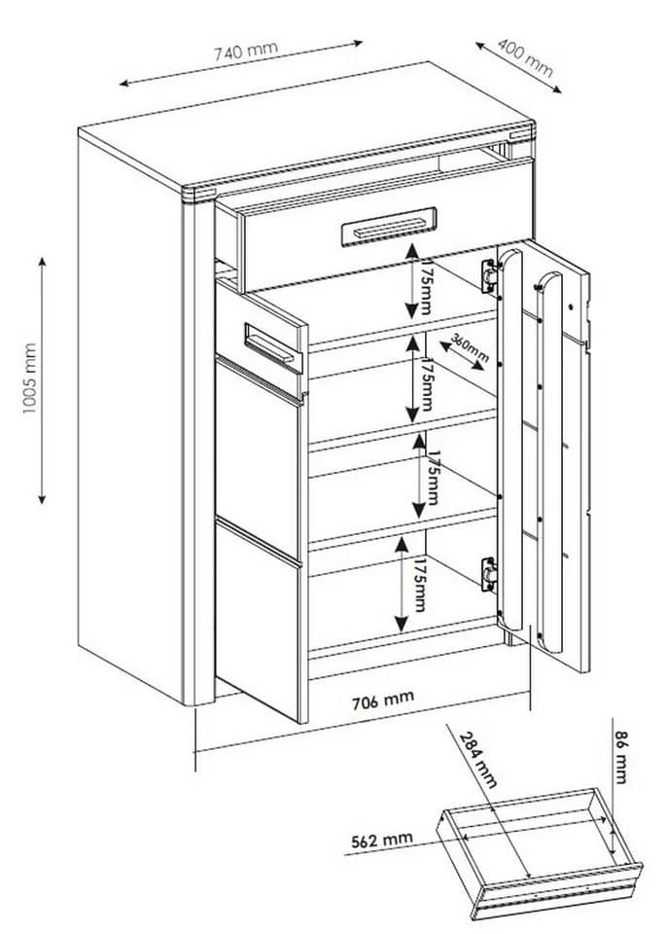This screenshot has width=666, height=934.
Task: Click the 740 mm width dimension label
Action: [x=246, y=51]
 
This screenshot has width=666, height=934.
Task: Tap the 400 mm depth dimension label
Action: [x=526, y=57]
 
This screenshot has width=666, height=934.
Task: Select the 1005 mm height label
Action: [x=30, y=378]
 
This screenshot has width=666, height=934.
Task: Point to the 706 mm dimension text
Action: [x=382, y=699]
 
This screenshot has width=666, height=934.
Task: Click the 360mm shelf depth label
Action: [x=471, y=348]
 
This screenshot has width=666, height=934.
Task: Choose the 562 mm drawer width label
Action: [x=381, y=840]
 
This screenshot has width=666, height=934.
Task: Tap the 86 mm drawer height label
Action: [x=620, y=757]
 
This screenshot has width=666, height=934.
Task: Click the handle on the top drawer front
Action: [x=389, y=227]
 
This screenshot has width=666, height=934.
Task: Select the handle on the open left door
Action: [x=273, y=348]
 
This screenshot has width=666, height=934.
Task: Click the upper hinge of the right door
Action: [x=489, y=275]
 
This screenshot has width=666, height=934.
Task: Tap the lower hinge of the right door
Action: [x=489, y=574]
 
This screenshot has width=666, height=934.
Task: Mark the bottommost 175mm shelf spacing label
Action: [x=420, y=585]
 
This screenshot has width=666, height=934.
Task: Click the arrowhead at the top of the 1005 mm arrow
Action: [x=42, y=263]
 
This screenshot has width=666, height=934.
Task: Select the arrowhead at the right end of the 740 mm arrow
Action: [x=357, y=43]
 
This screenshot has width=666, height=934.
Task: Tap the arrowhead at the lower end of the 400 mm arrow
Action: [x=556, y=90]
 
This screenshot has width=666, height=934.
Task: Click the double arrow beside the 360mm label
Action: [x=461, y=355]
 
